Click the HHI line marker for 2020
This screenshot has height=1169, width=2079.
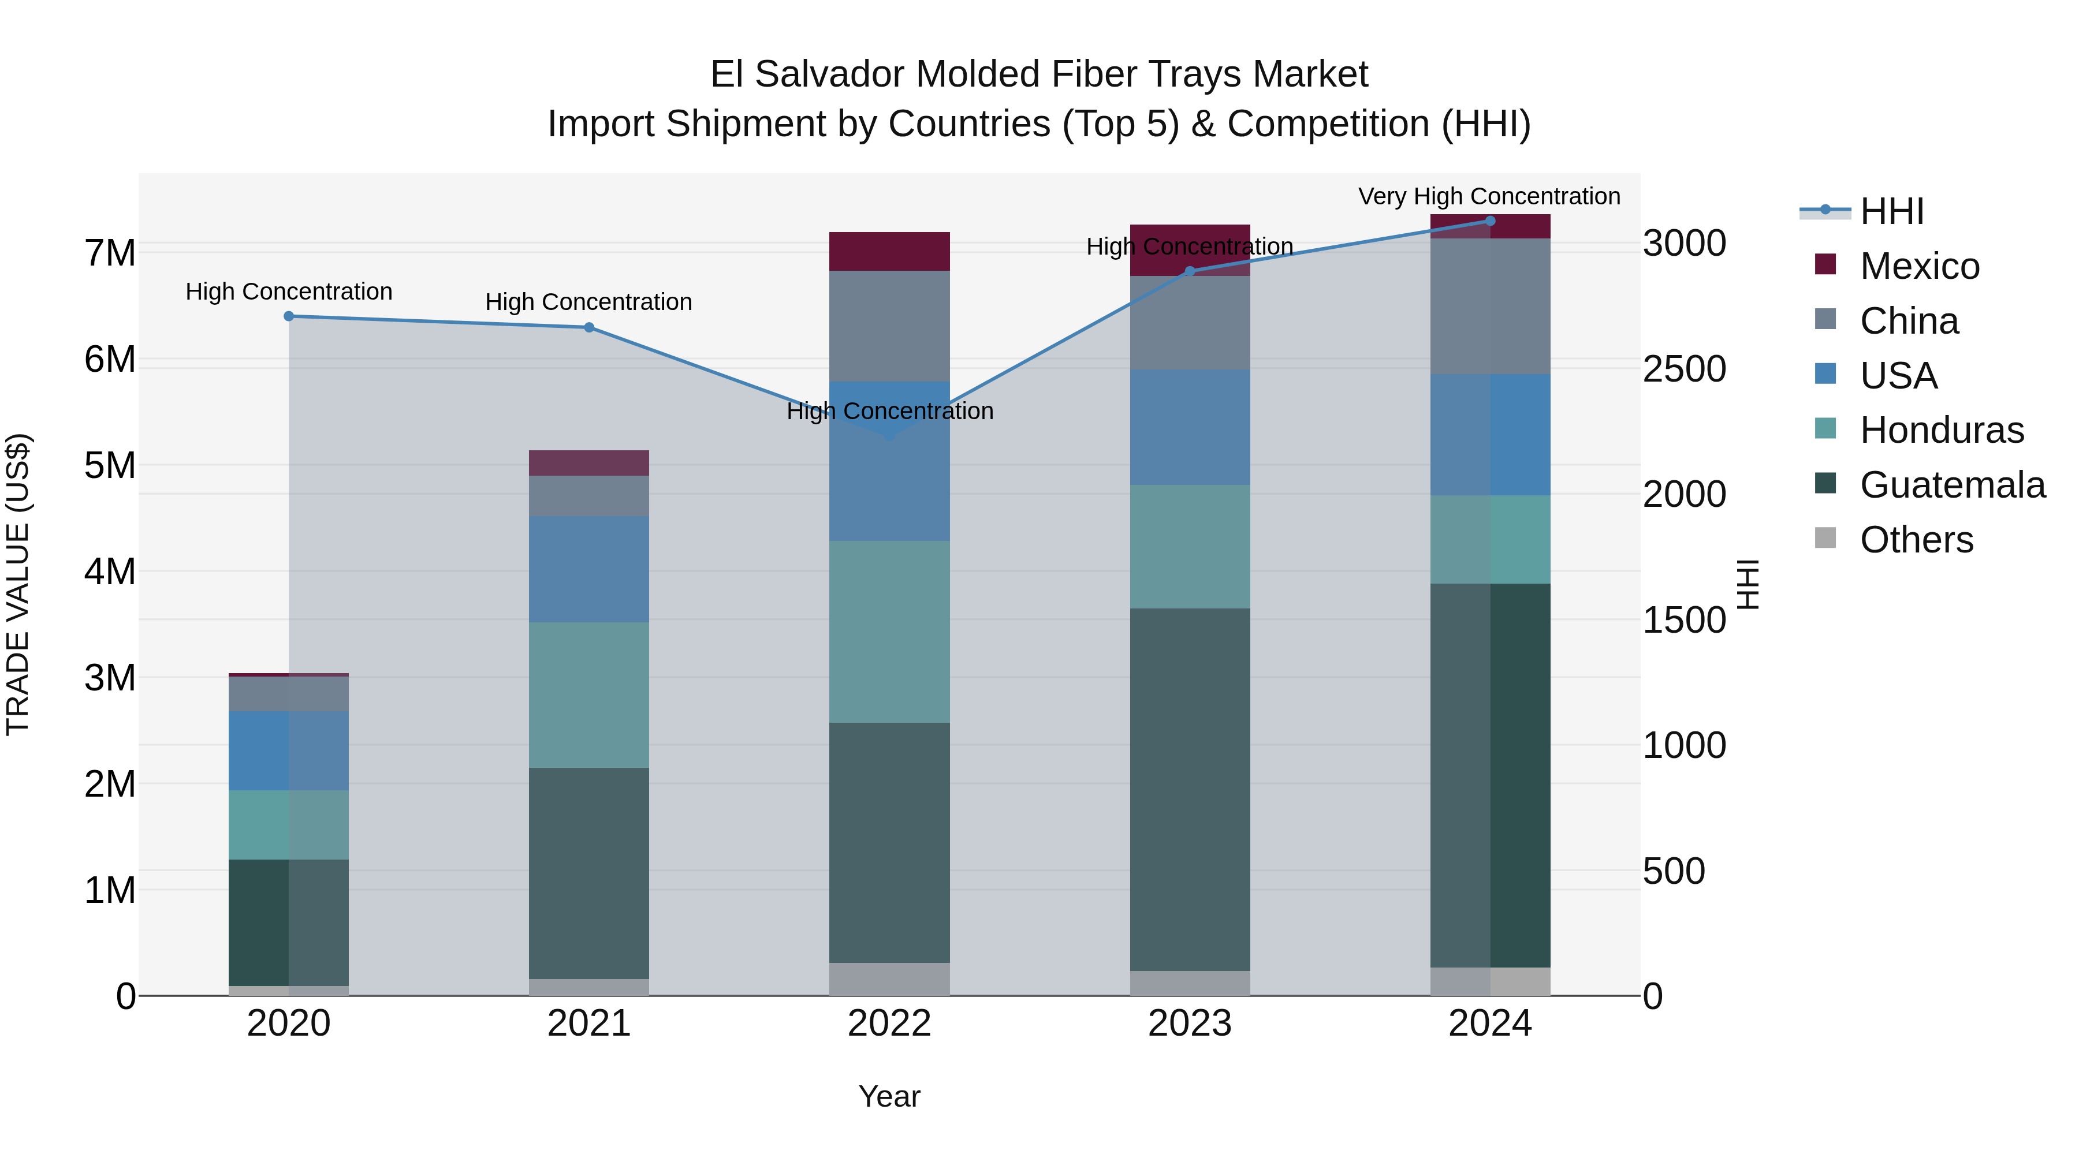(x=289, y=316)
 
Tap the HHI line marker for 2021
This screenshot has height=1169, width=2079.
(x=589, y=327)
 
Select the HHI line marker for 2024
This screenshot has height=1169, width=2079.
(x=1490, y=221)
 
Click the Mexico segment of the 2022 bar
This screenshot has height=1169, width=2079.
(x=889, y=252)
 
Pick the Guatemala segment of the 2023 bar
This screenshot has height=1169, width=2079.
(x=1190, y=789)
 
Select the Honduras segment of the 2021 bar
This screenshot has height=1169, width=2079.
(x=589, y=694)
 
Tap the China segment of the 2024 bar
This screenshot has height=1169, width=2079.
(x=1490, y=307)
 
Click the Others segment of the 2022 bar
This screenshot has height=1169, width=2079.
(x=889, y=980)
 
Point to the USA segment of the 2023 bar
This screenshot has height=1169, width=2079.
(x=1190, y=428)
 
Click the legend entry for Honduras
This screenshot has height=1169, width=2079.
(x=1941, y=430)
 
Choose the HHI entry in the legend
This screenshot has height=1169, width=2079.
(x=1891, y=211)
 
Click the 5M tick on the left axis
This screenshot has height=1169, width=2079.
(x=110, y=465)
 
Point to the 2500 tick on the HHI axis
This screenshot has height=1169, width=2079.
(x=1685, y=369)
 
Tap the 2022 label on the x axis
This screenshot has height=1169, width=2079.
(x=889, y=1024)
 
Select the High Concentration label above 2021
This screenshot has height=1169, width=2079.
(x=588, y=302)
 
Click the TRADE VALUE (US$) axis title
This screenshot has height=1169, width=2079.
(x=18, y=584)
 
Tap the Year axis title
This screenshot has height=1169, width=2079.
(x=889, y=1096)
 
